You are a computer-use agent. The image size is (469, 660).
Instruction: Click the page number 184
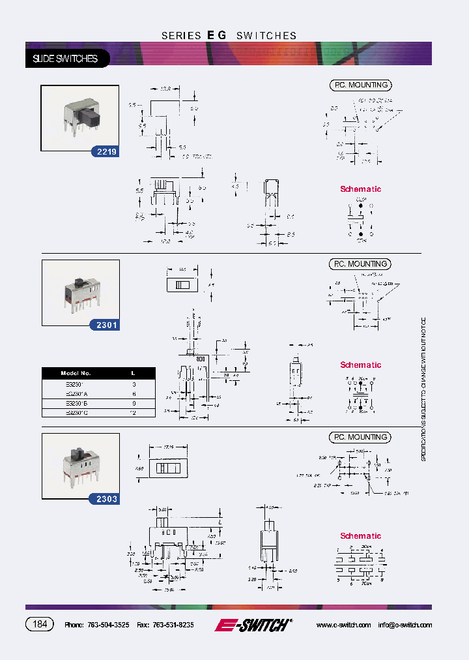(x=40, y=624)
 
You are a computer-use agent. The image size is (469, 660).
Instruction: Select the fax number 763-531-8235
(x=173, y=625)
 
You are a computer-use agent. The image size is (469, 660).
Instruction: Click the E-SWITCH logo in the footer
(x=253, y=625)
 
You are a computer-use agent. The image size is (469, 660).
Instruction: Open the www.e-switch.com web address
(x=343, y=625)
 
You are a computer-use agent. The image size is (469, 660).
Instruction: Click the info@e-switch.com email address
(x=405, y=625)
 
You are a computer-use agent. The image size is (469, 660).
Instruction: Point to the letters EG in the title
(x=217, y=36)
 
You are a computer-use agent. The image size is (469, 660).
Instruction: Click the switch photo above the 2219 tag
(x=79, y=117)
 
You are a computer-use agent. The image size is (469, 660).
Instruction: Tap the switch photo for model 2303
(x=79, y=464)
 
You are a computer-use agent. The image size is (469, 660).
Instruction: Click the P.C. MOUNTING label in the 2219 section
(x=360, y=85)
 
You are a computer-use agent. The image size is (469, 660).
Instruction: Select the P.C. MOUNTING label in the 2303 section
(x=360, y=437)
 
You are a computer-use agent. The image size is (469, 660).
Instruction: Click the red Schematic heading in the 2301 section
(x=360, y=365)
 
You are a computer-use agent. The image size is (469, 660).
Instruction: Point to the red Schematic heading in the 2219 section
(x=360, y=189)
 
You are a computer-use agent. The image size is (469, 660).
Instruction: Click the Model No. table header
(x=76, y=373)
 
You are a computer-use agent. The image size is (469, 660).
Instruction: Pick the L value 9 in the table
(x=133, y=403)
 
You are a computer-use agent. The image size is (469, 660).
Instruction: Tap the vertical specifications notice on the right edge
(x=423, y=390)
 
